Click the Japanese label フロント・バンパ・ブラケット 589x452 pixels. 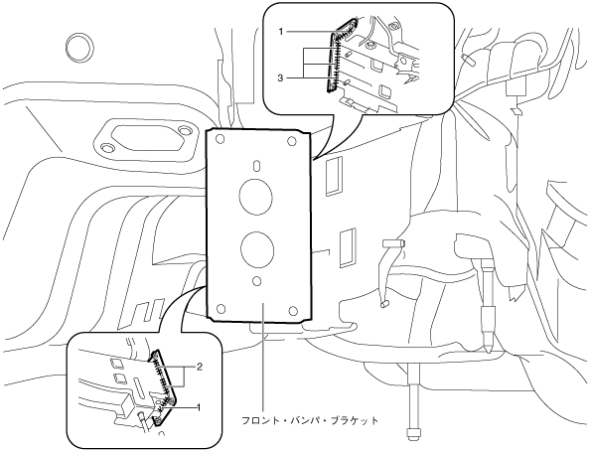click(310, 420)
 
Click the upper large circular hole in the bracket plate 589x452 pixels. click(256, 196)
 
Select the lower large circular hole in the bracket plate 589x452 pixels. click(257, 248)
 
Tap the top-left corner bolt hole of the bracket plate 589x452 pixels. click(221, 140)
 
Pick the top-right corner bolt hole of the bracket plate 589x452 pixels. click(292, 142)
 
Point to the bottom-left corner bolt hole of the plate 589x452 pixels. click(221, 309)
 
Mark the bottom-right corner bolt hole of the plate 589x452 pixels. click(293, 311)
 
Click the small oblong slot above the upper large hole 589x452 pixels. click(256, 166)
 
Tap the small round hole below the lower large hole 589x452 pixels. click(257, 281)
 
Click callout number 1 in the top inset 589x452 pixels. click(281, 32)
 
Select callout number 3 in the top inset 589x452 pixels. click(280, 77)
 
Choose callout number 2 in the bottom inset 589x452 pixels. click(200, 367)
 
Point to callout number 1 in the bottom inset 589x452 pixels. click(200, 407)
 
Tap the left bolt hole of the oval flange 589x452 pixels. click(107, 148)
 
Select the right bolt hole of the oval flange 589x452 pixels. click(185, 131)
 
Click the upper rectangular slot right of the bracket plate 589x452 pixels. click(334, 176)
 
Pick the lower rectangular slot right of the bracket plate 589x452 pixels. click(348, 247)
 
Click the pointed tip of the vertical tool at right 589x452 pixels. click(488, 352)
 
